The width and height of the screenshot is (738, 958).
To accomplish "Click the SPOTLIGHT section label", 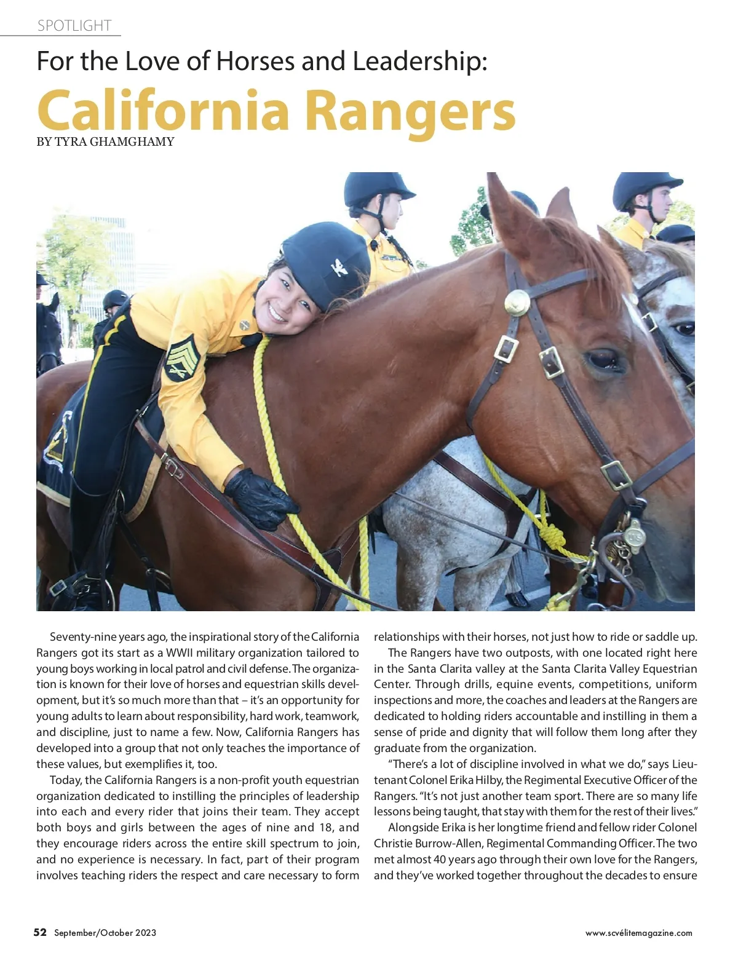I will (74, 26).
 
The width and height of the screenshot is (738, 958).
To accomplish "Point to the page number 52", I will (40, 932).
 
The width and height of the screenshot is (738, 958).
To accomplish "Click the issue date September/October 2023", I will (105, 933).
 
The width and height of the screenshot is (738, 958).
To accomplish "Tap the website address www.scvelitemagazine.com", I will (638, 933).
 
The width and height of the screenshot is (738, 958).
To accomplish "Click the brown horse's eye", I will (600, 358).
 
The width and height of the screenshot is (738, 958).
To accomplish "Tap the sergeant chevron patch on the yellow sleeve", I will (181, 357).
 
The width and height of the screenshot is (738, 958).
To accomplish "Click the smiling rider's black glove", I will (261, 499).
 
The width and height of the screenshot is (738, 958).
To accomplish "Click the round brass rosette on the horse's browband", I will (517, 303).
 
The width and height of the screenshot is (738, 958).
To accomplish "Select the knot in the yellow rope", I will (552, 534).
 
